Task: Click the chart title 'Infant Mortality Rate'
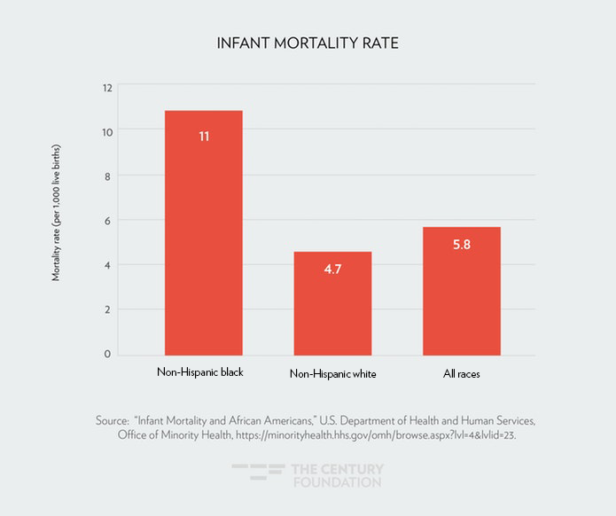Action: tap(308, 43)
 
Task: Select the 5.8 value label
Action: tap(462, 244)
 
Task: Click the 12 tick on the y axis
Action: tap(107, 87)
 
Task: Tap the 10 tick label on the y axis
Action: tap(107, 131)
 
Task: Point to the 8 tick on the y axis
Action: tap(107, 176)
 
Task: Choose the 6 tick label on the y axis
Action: tap(107, 220)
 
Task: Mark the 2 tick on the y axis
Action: tap(107, 309)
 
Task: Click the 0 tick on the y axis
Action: tap(107, 354)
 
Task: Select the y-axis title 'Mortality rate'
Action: tap(57, 210)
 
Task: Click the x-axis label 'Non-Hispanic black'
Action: tap(199, 371)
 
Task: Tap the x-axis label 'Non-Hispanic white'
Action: tap(333, 374)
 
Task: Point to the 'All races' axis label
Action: tap(462, 373)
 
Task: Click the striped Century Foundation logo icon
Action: tap(258, 475)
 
